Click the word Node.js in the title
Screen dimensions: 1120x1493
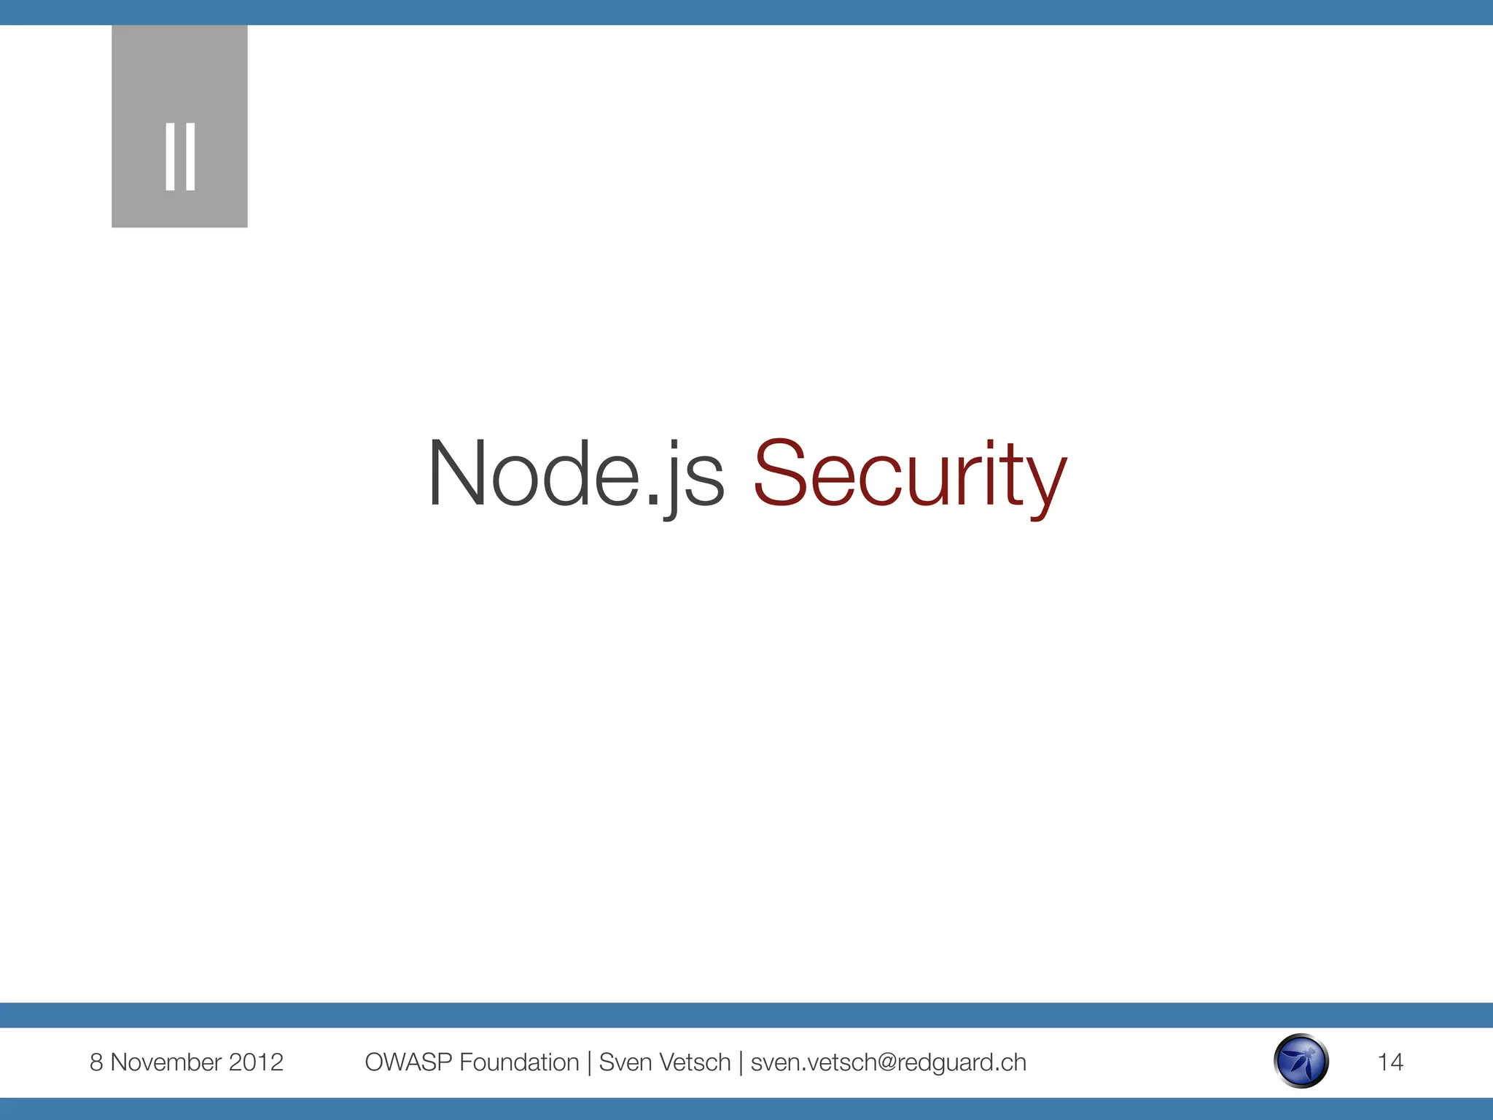[575, 474]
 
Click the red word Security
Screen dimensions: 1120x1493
[910, 474]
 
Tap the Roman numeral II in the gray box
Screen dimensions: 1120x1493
[180, 156]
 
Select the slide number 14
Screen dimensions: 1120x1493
[1390, 1062]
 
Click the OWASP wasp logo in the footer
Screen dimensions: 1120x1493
[1301, 1062]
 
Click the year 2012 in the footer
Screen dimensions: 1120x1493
[256, 1062]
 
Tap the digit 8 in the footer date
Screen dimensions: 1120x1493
[96, 1062]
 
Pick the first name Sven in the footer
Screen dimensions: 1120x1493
[624, 1062]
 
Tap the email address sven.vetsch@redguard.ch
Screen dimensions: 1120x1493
[888, 1062]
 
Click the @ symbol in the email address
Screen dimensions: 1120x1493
[882, 1063]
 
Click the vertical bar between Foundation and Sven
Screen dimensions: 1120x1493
[589, 1063]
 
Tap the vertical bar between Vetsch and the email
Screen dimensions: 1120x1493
[741, 1063]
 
